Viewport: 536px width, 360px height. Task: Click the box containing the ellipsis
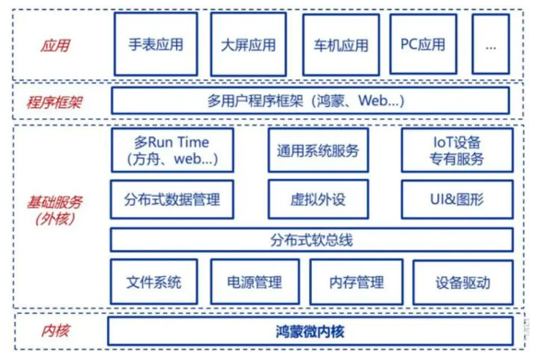[x=493, y=44]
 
